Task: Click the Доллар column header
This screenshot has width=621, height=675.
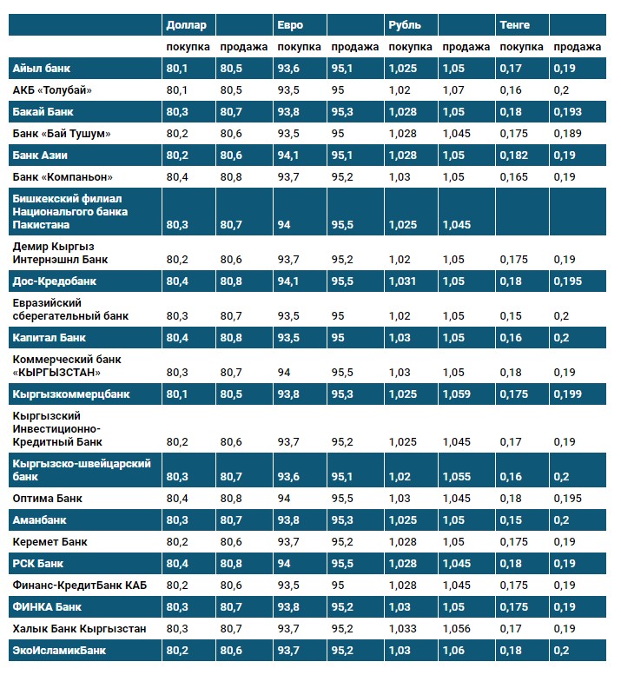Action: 185,24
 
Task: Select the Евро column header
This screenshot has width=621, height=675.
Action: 289,24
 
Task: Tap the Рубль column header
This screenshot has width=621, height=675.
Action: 405,24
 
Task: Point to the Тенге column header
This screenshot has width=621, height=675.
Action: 515,24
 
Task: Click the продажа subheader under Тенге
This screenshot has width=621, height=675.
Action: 577,46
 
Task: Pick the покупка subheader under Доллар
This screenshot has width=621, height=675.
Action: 187,46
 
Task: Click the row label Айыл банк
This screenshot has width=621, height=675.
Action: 42,68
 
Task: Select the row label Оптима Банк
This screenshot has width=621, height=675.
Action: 47,499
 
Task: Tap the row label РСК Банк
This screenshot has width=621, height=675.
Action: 38,563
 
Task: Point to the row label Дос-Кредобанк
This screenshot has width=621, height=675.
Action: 54,281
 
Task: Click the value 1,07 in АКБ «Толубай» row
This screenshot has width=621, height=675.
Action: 454,89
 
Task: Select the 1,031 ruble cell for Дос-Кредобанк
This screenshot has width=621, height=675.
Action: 402,281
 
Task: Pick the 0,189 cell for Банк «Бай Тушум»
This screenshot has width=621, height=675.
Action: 570,133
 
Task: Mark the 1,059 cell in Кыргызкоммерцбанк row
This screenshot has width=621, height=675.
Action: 457,394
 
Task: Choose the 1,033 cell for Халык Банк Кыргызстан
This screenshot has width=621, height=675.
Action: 402,628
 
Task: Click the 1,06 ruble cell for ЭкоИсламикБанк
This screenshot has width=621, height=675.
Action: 454,649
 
